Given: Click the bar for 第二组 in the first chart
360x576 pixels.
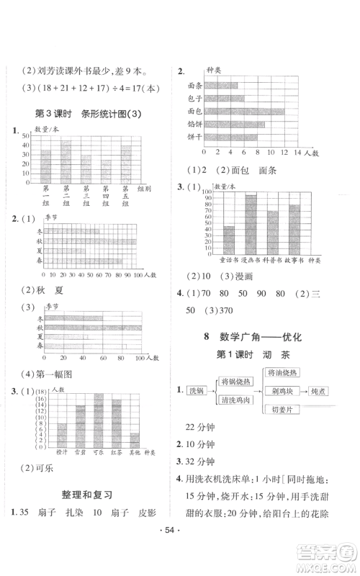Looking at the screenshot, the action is pyautogui.click(x=66, y=163).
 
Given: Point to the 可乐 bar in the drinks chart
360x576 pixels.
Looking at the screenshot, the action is pyautogui.click(x=99, y=420).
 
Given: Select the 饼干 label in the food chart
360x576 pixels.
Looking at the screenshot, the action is pyautogui.click(x=194, y=137).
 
